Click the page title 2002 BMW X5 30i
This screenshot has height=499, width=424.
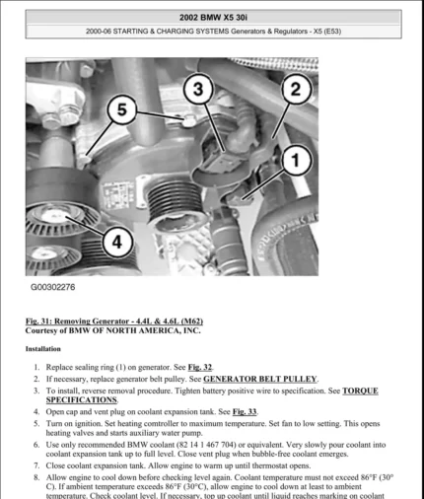tap(212, 18)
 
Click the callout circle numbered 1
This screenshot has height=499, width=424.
tap(291, 158)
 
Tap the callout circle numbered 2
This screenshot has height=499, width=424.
tap(292, 90)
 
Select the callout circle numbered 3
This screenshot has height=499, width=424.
tap(197, 90)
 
